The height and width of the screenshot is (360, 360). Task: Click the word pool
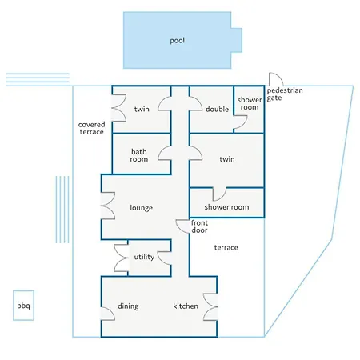(177, 40)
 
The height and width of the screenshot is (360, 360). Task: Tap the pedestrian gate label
(285, 94)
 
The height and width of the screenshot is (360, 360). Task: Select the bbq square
(23, 306)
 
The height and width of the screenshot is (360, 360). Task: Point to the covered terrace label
(91, 128)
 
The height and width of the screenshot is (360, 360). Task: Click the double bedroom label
(216, 110)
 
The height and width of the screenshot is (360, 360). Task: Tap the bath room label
(139, 154)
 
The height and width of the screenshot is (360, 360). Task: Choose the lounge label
(141, 208)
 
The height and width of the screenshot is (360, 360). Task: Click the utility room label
(144, 257)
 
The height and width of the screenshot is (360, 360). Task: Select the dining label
(129, 306)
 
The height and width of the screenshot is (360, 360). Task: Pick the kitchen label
(186, 306)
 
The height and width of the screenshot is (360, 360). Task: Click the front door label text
(200, 226)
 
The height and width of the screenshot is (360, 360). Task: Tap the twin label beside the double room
(142, 110)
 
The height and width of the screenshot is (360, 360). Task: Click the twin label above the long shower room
(226, 159)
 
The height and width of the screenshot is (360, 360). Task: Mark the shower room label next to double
(248, 104)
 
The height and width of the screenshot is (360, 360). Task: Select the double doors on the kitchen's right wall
(211, 306)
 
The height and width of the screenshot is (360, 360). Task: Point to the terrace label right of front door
(226, 248)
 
